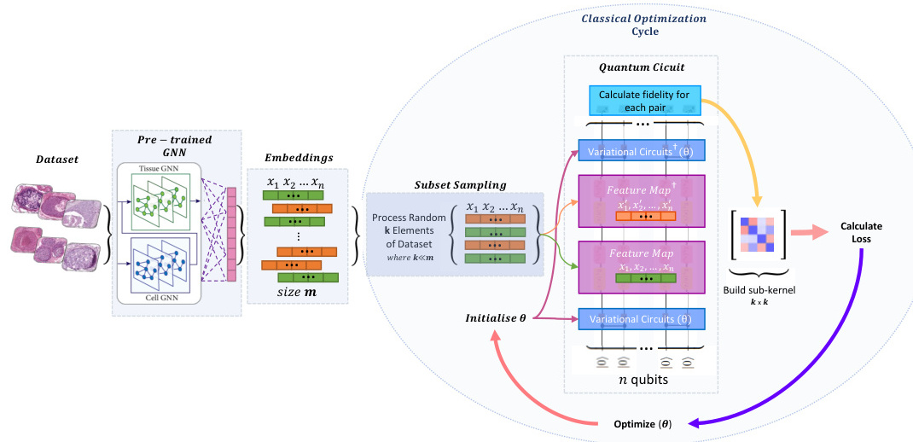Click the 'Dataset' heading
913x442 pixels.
56,159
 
